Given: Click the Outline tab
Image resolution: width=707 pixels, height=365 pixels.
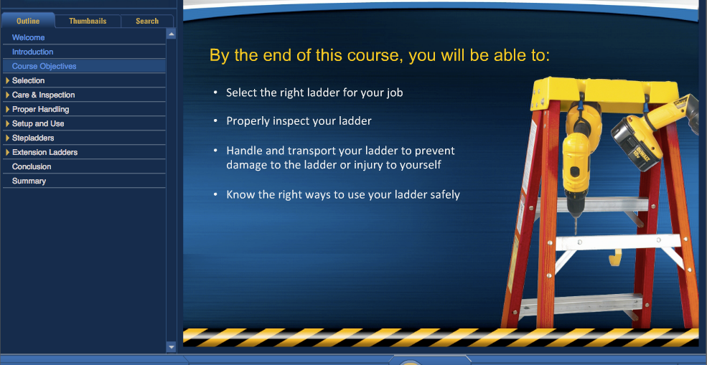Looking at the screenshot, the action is click(x=28, y=21).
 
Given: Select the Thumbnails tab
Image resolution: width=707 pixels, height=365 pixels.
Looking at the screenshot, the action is click(x=88, y=21).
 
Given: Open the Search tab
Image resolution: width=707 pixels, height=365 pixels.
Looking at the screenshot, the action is click(x=147, y=21).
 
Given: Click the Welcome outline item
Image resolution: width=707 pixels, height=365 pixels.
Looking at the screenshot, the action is click(x=29, y=37).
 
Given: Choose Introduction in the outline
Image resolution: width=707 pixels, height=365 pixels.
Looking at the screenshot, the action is click(x=32, y=52).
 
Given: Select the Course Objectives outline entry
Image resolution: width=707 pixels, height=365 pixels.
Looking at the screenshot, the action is click(x=45, y=66).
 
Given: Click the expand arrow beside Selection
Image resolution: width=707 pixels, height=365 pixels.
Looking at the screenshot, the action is click(x=7, y=80).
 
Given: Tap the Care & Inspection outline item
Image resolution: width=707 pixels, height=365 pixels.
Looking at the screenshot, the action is click(x=43, y=95).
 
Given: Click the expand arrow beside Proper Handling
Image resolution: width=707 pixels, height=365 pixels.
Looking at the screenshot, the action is click(x=7, y=109).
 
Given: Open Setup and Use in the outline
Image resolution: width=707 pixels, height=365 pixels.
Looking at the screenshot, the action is click(x=38, y=123).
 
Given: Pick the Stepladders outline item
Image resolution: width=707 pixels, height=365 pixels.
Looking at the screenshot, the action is click(x=33, y=138).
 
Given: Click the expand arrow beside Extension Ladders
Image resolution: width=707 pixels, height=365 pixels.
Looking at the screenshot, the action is click(x=7, y=152).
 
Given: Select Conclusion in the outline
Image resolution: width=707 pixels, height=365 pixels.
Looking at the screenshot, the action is click(x=32, y=167).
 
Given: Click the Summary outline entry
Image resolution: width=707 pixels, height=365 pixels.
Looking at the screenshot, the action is click(x=29, y=181).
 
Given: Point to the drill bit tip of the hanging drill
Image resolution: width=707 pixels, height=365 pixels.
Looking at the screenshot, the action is click(x=576, y=234).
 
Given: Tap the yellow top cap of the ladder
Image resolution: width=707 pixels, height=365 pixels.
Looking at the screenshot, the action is click(x=605, y=94).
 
